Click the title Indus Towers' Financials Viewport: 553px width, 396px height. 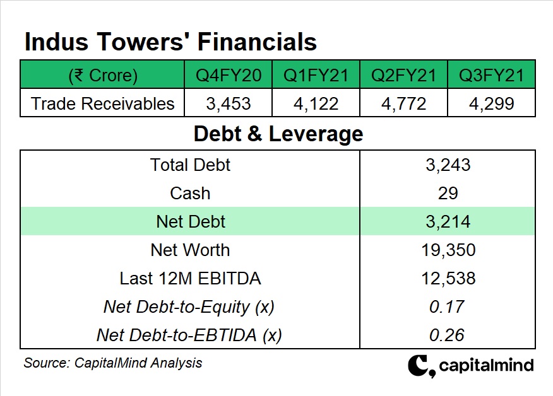pos(170,42)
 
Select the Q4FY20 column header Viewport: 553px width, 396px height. pos(228,76)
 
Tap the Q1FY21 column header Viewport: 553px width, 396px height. pos(316,76)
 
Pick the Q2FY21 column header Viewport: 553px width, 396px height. pos(403,76)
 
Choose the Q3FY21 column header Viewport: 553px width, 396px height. pos(491,76)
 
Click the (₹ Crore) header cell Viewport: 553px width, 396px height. pos(102,76)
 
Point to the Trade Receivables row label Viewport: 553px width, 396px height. pos(102,103)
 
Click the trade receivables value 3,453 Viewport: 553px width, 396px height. pos(228,103)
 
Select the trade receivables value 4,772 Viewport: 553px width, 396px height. pos(403,103)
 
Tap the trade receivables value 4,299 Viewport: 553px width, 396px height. pos(491,103)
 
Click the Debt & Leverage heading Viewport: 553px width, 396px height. pos(278,134)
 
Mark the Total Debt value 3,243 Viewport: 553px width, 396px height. pos(448,165)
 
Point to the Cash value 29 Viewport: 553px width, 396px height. pos(448,193)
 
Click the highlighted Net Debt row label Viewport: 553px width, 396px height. pos(190,221)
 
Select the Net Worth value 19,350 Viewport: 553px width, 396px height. pos(448,250)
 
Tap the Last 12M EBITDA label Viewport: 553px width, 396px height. pos(190,278)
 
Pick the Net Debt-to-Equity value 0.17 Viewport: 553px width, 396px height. pos(448,306)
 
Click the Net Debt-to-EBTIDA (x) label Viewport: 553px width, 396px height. pos(189,335)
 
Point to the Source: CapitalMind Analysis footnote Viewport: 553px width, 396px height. pos(113,363)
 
